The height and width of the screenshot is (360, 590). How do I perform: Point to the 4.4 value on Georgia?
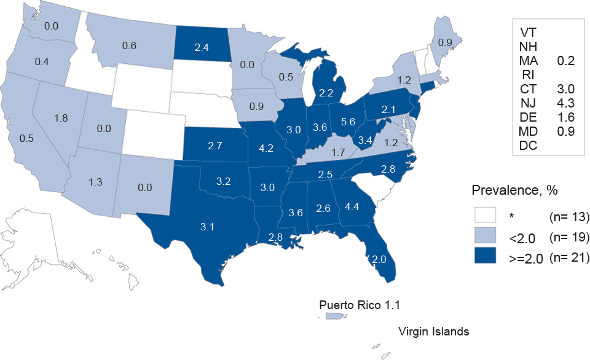coord(351,206)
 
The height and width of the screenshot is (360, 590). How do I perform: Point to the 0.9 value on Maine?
coord(444,42)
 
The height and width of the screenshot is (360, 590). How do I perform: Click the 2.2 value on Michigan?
coord(326,93)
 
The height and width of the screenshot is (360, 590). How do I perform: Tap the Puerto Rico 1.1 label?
coord(363,304)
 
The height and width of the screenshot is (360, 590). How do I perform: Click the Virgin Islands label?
coord(434,332)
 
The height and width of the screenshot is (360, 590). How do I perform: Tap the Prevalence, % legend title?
coord(514,190)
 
